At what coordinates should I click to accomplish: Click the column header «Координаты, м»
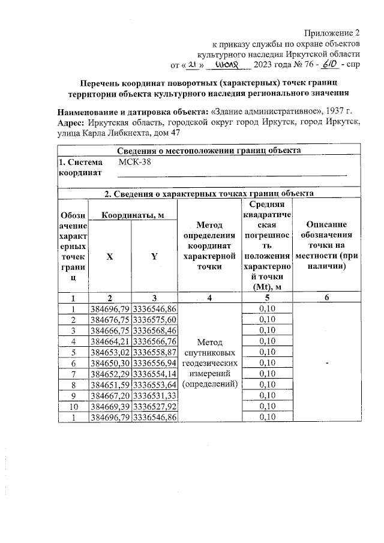click(x=132, y=215)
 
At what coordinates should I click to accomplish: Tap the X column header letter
click(x=109, y=256)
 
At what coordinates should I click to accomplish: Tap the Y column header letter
click(x=154, y=256)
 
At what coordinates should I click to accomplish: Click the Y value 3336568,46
click(x=155, y=331)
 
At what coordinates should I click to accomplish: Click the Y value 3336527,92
click(x=155, y=406)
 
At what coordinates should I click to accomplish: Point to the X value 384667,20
click(x=110, y=395)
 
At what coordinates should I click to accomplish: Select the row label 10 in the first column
click(x=72, y=406)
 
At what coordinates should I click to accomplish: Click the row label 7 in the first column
click(x=72, y=374)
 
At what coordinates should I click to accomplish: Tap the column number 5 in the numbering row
click(x=268, y=298)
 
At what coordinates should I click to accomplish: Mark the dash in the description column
click(x=327, y=363)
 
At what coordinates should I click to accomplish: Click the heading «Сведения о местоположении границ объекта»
click(x=209, y=150)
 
